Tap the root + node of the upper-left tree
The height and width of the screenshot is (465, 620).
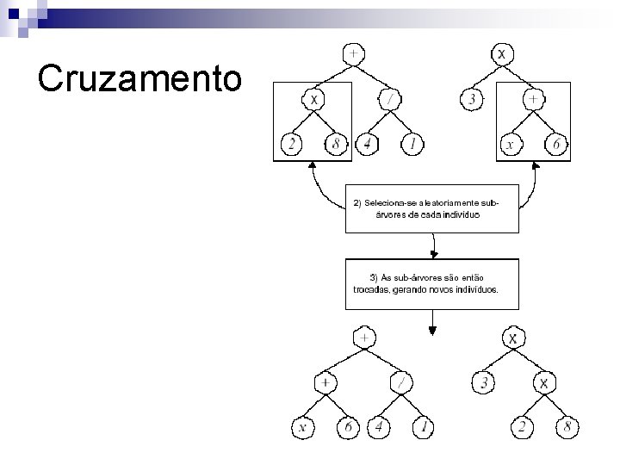point(353,53)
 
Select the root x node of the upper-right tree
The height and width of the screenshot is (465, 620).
point(503,53)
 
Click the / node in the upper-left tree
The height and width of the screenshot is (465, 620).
point(391,100)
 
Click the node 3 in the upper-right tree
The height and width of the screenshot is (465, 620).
point(473,100)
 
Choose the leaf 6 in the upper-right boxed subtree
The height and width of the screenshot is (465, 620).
point(556,145)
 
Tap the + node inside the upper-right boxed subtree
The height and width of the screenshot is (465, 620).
point(534,100)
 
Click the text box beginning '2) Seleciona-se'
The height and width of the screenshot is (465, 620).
point(432,208)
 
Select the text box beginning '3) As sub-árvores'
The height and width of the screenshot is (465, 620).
point(432,283)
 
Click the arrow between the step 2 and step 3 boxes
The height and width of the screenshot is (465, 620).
point(434,246)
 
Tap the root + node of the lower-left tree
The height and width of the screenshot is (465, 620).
point(366,338)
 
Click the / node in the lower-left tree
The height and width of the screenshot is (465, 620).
point(404,381)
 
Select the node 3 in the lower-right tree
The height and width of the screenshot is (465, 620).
point(485,381)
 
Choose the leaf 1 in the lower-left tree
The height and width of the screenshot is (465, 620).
point(423,426)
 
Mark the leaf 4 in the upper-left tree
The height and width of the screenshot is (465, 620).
point(368,145)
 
